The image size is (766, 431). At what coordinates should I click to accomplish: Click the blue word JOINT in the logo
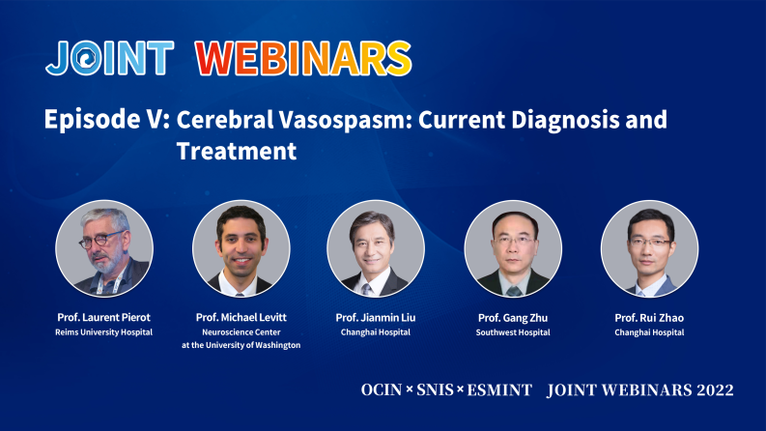[109, 59]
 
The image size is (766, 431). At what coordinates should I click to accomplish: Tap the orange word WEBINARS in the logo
[303, 59]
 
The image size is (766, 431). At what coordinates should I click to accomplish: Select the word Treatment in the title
[236, 151]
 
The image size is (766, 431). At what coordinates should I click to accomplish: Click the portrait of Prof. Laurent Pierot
[104, 248]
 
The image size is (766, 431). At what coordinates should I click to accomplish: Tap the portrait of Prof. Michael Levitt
[241, 248]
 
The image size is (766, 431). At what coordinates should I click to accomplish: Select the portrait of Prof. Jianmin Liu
[377, 248]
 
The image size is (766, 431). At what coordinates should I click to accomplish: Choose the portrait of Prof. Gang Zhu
[513, 248]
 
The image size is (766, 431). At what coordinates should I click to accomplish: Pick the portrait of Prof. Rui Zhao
[649, 248]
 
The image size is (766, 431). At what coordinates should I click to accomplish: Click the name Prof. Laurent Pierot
[104, 317]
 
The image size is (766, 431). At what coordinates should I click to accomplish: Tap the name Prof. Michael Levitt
[241, 317]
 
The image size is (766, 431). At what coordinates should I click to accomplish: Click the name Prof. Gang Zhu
[513, 317]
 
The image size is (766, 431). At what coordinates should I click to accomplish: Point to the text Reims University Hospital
[104, 332]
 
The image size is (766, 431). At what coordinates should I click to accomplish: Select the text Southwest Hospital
[513, 332]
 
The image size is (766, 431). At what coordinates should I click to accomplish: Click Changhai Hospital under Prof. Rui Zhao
[649, 332]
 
